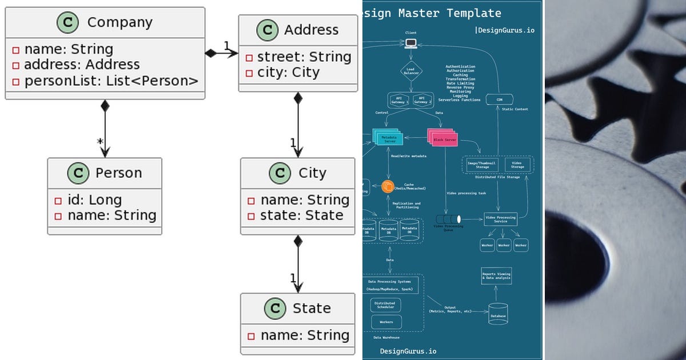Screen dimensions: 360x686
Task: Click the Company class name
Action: (119, 23)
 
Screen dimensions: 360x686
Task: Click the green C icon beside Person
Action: (78, 173)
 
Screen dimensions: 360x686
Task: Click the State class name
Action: (312, 309)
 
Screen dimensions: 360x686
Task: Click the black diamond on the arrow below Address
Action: (298, 98)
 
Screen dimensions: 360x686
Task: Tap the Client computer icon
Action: (410, 43)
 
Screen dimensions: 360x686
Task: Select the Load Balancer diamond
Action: (411, 71)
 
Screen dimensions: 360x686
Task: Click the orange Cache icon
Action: (388, 186)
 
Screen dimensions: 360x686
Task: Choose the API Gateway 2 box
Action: (421, 100)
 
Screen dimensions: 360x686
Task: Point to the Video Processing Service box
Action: (500, 219)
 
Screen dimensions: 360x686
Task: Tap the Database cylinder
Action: (498, 314)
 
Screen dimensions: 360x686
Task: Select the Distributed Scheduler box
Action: (385, 305)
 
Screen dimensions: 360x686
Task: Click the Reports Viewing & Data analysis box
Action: (496, 275)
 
